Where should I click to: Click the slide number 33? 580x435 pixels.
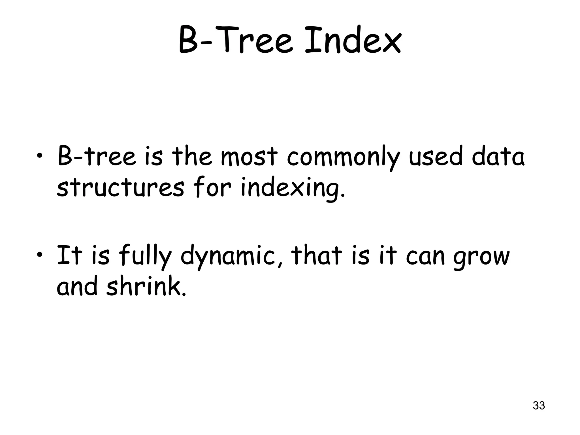[x=539, y=406]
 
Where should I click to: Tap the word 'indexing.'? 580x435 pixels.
[x=293, y=189]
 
